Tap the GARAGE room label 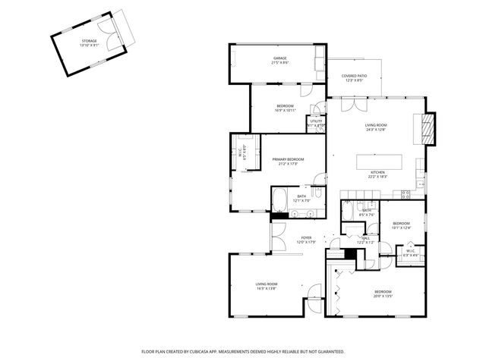[x=279, y=58]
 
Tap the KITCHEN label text [x=377, y=172]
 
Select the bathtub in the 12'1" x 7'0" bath [x=279, y=200]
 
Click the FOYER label [x=306, y=237]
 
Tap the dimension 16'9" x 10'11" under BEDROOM [x=285, y=110]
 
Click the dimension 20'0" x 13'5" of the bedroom [x=383, y=297]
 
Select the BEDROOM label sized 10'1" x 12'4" [x=401, y=223]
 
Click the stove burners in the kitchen [x=406, y=194]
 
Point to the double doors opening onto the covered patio [x=352, y=104]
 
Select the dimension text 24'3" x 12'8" [x=375, y=130]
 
